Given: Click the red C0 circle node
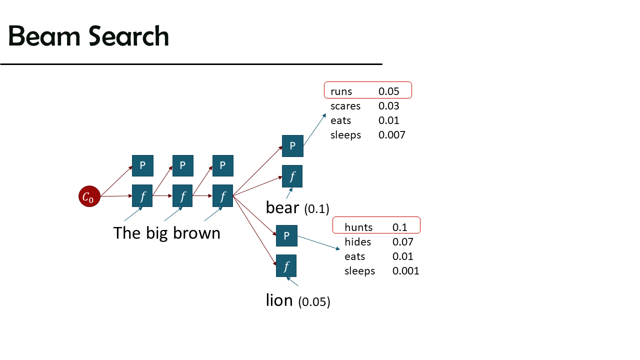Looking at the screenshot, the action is pyautogui.click(x=89, y=196).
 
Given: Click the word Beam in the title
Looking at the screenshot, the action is pyautogui.click(x=44, y=36).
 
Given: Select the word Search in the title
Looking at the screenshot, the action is pyautogui.click(x=128, y=36).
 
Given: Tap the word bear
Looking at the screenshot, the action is pyautogui.click(x=282, y=207).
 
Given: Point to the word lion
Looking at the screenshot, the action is pyautogui.click(x=279, y=300).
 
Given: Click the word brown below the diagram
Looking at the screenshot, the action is pyautogui.click(x=196, y=233).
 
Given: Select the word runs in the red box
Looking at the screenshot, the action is pyautogui.click(x=341, y=91).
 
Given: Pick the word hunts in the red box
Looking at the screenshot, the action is pyautogui.click(x=358, y=227).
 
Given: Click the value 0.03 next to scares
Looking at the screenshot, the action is pyautogui.click(x=388, y=106).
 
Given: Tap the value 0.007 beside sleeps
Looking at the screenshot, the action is pyautogui.click(x=391, y=135).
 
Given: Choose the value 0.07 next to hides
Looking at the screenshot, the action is pyautogui.click(x=402, y=242).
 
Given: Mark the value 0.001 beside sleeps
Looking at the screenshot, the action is pyautogui.click(x=405, y=271).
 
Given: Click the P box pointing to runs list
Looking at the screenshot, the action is pyautogui.click(x=292, y=146).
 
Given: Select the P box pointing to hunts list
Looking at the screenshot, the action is pyautogui.click(x=286, y=235).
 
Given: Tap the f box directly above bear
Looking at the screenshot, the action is pyautogui.click(x=292, y=176).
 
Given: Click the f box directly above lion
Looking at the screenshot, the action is pyautogui.click(x=286, y=265).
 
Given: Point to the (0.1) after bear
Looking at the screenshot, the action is pyautogui.click(x=316, y=209).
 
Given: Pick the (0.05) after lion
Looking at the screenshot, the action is pyautogui.click(x=314, y=301).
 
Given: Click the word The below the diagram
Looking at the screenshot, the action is pyautogui.click(x=127, y=233).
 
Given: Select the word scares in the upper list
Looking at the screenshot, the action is pyautogui.click(x=345, y=106).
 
